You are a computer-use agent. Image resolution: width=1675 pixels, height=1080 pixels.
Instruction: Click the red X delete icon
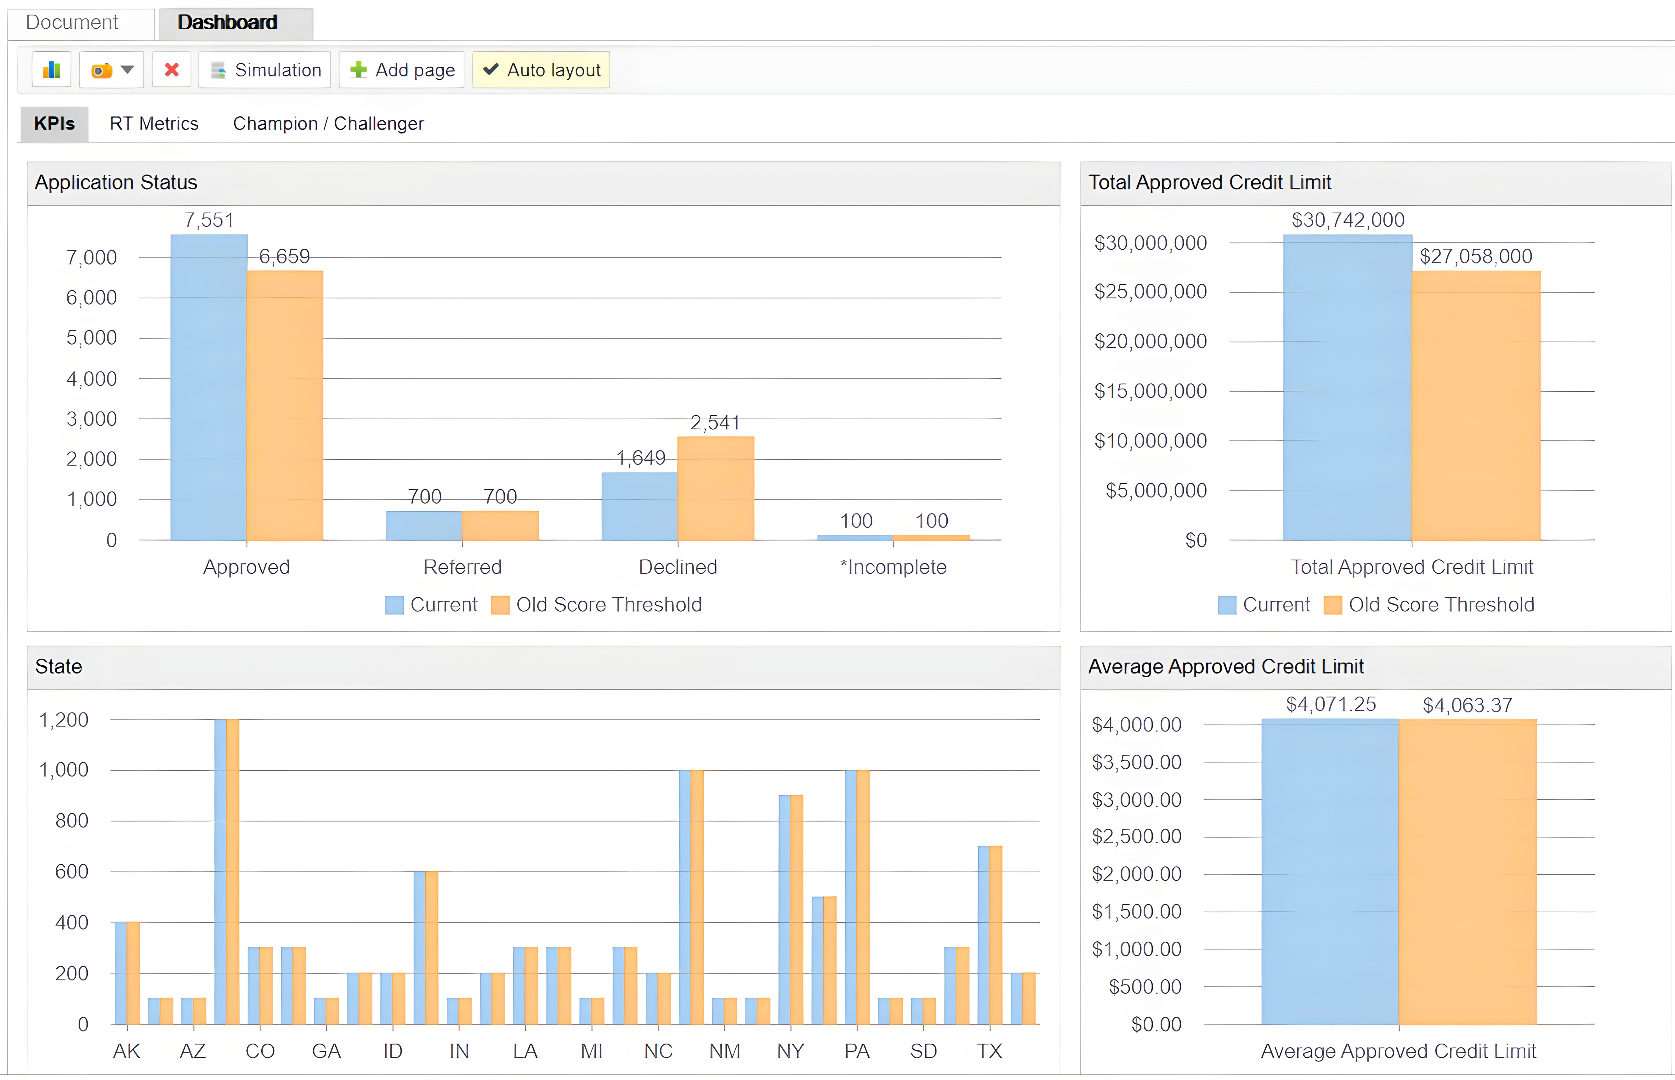(x=172, y=70)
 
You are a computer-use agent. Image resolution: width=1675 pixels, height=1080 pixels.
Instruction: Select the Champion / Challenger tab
(x=328, y=123)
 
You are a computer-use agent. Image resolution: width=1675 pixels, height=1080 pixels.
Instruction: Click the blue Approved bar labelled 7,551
(x=209, y=386)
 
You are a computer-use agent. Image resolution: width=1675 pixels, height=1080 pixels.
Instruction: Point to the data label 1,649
(x=640, y=458)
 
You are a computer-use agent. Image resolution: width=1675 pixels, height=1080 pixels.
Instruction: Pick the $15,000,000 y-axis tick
(x=1150, y=391)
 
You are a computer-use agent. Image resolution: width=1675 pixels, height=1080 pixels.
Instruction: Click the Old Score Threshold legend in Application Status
(x=597, y=605)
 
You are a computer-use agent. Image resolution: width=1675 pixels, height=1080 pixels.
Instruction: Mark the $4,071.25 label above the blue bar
(x=1331, y=704)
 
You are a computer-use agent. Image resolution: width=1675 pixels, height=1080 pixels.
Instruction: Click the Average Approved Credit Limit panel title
(x=1225, y=666)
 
